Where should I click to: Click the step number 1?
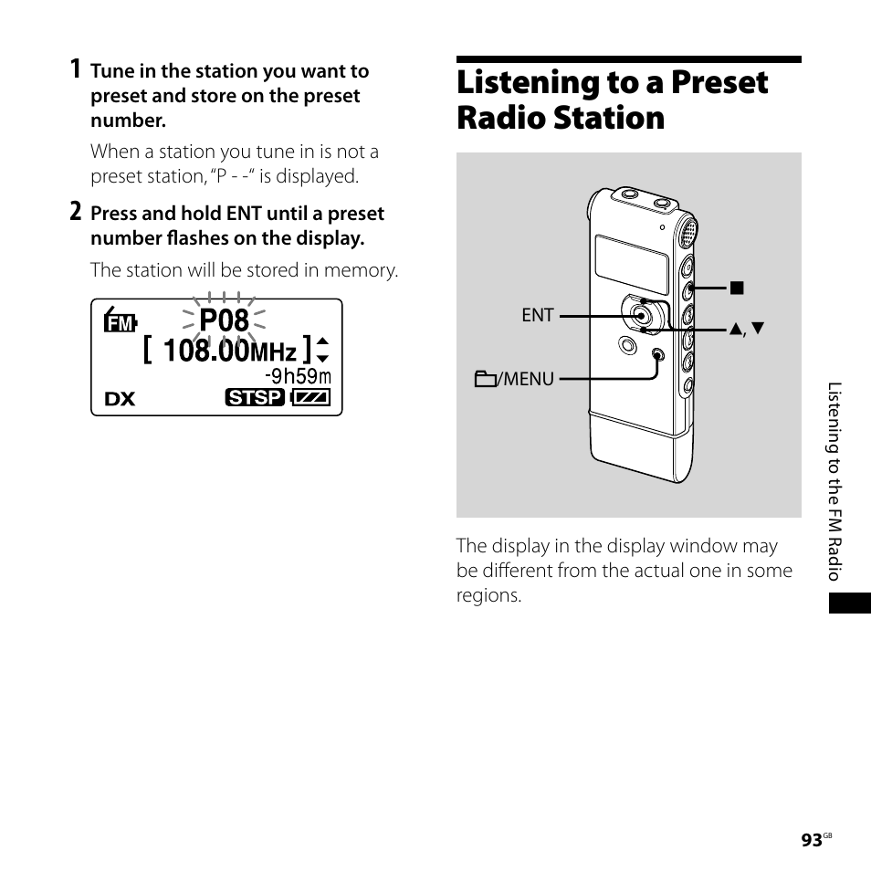point(76,69)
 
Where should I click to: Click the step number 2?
point(76,212)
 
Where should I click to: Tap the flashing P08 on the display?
point(224,320)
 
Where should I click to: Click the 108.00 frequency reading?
point(205,351)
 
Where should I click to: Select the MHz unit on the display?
point(273,352)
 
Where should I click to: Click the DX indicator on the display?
point(120,399)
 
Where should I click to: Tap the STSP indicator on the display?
point(255,398)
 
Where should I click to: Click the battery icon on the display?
point(310,398)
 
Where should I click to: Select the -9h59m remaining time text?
point(298,376)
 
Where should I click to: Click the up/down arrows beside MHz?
point(321,351)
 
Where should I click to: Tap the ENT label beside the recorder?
point(538,315)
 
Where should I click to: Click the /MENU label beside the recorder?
point(516,378)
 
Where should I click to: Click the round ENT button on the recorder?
point(641,315)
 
